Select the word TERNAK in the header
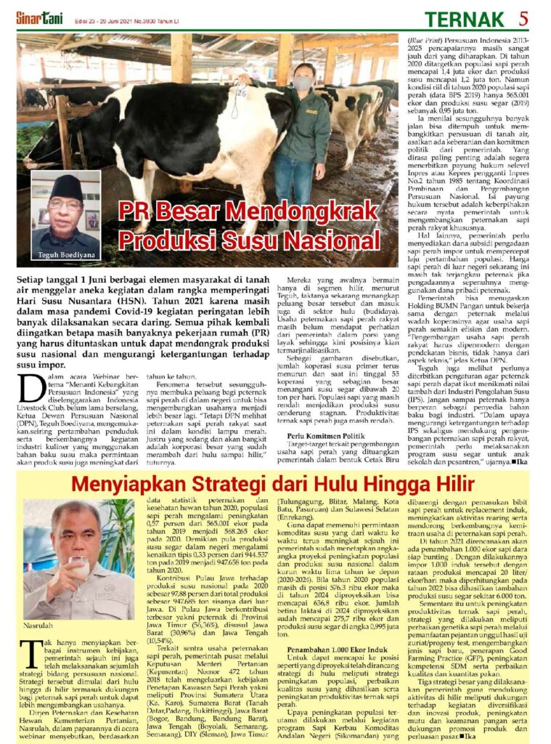[x=476, y=17]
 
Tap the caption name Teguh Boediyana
[x=66, y=255]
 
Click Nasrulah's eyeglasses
[x=76, y=535]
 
